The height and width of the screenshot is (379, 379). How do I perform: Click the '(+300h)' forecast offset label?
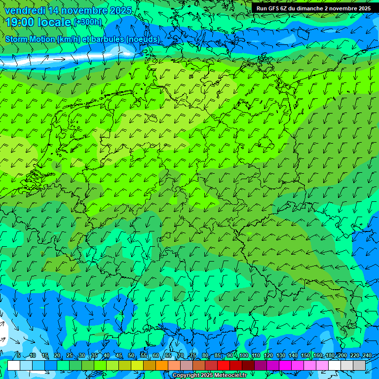click(88, 22)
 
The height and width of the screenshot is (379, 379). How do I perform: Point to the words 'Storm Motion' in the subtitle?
click(30, 39)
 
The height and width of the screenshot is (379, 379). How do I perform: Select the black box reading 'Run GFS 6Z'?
click(314, 8)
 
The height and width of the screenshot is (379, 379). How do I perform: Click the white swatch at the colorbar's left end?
click(14, 366)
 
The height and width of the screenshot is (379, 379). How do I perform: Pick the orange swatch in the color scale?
click(162, 366)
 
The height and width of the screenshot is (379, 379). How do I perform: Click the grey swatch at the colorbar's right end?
click(359, 366)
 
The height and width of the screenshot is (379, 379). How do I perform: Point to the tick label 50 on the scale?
click(131, 356)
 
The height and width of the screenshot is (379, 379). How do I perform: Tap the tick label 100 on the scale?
click(244, 356)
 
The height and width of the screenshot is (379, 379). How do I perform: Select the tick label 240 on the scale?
click(367, 356)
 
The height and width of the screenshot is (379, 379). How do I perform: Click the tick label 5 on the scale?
click(19, 356)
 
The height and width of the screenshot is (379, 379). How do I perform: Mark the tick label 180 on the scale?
click(330, 356)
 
